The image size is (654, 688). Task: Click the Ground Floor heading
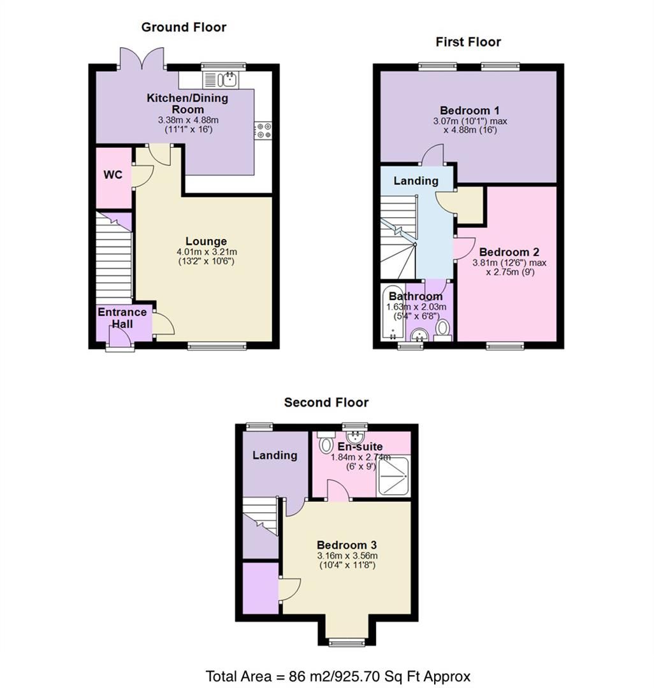[x=184, y=27]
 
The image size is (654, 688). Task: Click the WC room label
[x=113, y=174]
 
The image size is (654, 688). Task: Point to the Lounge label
[x=206, y=241]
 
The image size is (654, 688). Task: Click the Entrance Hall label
[x=122, y=318]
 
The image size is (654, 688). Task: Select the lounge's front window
[x=217, y=346]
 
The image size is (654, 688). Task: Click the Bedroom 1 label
[x=469, y=109]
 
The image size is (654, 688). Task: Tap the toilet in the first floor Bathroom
[x=442, y=329]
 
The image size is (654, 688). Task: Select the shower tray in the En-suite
[x=395, y=475]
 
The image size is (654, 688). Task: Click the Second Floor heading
[x=326, y=402]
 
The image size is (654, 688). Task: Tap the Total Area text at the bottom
[x=338, y=675]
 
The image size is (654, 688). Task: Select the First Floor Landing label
[x=416, y=181]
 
